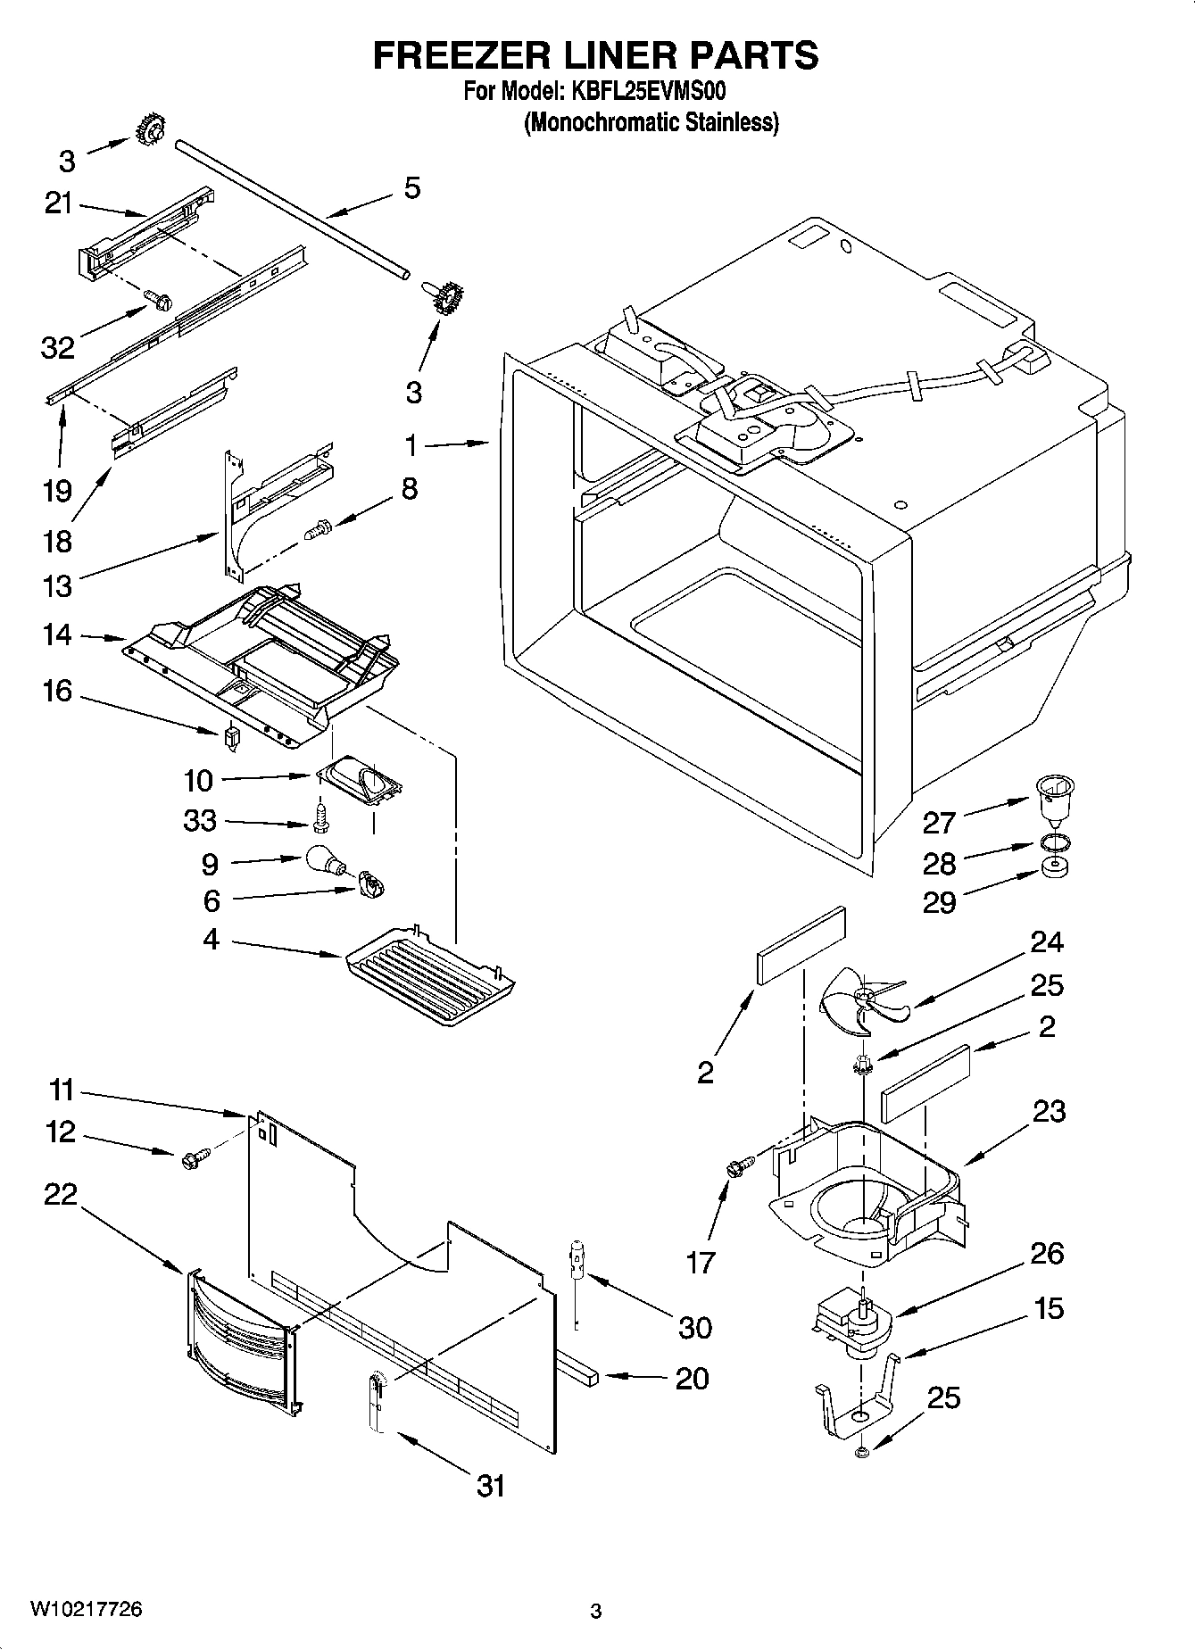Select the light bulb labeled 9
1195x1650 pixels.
[323, 859]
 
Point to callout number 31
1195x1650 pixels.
[491, 1486]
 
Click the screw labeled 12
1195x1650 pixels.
[194, 1157]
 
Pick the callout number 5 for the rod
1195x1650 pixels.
[411, 188]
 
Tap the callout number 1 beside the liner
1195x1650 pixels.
[411, 443]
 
